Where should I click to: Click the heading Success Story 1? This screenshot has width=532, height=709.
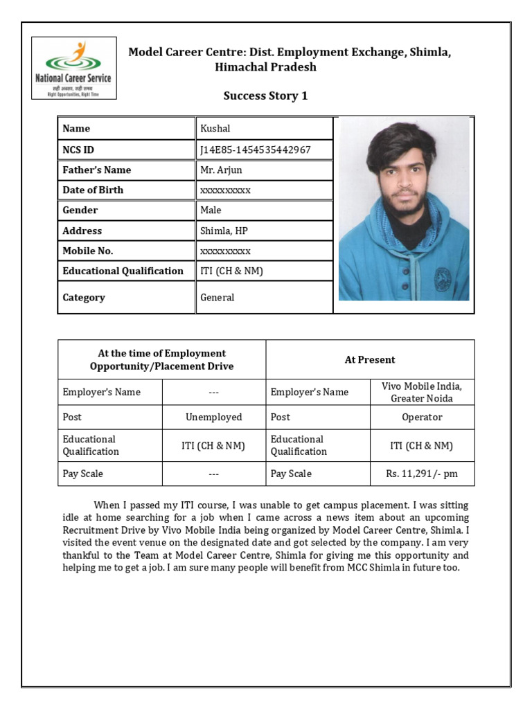265,96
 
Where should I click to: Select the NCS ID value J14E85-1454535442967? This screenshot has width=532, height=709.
256,150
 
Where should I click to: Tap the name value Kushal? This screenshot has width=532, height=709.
215,129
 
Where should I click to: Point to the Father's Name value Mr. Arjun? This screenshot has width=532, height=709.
221,170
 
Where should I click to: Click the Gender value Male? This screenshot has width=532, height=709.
211,210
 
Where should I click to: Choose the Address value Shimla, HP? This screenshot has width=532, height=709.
224,231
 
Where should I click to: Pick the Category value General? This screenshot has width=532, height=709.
218,298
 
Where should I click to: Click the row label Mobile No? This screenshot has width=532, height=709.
88,251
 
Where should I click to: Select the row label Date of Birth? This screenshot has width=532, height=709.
93,190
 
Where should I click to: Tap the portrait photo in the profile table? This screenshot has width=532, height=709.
404,209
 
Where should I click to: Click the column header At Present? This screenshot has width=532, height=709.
370,359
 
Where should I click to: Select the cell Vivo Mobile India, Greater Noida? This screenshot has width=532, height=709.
422,392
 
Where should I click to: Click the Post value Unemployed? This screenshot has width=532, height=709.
214,417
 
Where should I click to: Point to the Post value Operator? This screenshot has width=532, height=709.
422,417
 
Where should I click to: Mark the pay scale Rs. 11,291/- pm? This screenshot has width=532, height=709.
422,474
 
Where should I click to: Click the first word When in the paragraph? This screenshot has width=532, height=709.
107,505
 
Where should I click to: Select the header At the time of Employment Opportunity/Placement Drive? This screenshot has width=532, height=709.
161,359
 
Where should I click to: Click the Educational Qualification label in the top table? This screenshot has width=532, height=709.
123,271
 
